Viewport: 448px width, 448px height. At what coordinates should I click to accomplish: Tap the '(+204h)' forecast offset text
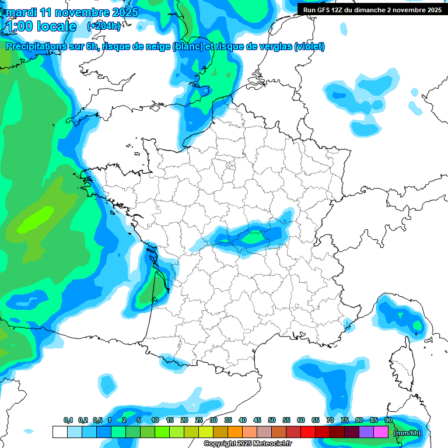(104, 26)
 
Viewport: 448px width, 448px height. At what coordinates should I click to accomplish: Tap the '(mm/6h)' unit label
(407, 432)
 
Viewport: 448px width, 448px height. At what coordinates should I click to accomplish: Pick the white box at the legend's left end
(60, 432)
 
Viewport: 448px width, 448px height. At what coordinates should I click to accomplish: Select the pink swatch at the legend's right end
(381, 432)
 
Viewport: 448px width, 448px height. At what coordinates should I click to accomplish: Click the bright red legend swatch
(308, 432)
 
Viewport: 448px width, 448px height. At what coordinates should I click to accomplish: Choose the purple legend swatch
(366, 432)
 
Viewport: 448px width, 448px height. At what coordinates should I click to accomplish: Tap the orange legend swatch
(235, 432)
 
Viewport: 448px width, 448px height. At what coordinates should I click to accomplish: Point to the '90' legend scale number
(388, 420)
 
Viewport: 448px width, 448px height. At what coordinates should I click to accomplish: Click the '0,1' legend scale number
(68, 420)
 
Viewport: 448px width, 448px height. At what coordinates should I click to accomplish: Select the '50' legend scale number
(272, 420)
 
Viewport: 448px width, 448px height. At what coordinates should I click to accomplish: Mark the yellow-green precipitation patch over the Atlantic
(36, 219)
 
